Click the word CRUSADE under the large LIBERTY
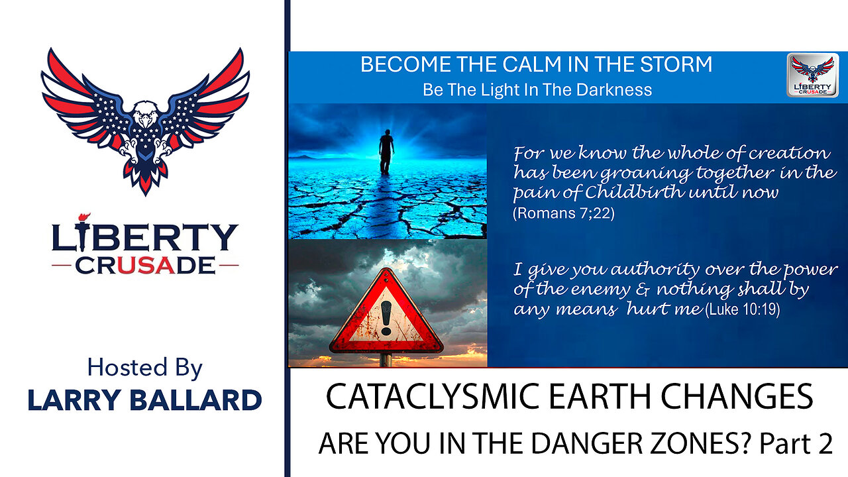pyautogui.click(x=145, y=265)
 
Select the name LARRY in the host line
pyautogui.click(x=72, y=399)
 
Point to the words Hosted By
pyautogui.click(x=145, y=367)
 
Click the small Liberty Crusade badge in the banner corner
pyautogui.click(x=813, y=75)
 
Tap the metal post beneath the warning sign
pyautogui.click(x=386, y=360)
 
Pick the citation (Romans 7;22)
pyautogui.click(x=564, y=213)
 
